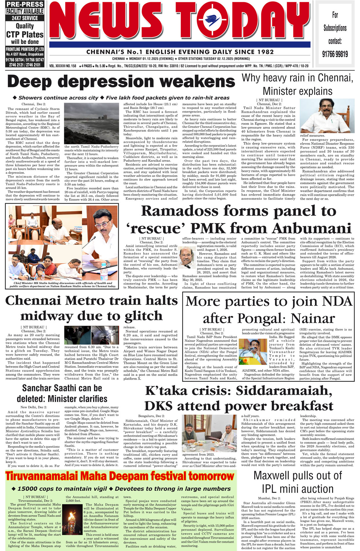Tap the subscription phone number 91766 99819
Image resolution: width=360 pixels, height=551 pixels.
335,54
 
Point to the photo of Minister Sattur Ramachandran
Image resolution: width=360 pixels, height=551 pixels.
327,116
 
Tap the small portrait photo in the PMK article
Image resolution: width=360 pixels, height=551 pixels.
187,257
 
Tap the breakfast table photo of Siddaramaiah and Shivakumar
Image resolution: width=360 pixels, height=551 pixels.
210,433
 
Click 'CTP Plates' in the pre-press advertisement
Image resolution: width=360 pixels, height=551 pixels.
25,35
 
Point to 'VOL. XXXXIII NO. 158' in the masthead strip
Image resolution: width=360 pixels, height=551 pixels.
63,66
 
